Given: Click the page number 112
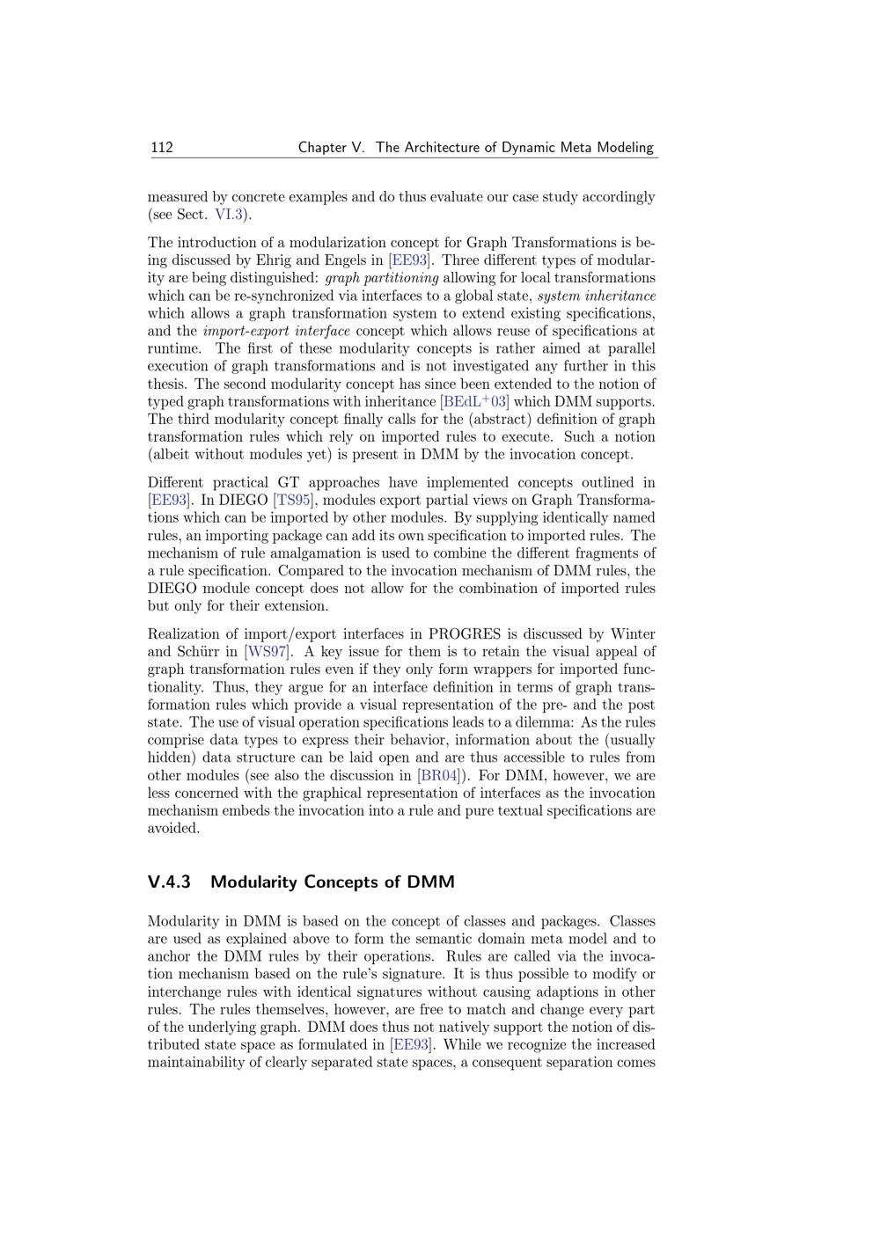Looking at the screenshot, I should click(161, 147).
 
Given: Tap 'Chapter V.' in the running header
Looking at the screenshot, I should click(331, 147).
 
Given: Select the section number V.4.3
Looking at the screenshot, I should click(169, 882).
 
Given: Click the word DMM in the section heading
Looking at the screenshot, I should click(430, 882).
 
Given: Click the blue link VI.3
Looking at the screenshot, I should click(229, 215).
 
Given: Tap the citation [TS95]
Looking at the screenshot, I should click(293, 501).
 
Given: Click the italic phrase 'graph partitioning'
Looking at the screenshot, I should click(382, 278).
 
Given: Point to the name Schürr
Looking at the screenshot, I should click(202, 652).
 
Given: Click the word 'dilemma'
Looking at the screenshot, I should click(542, 722).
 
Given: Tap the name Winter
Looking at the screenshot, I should click(633, 634).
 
